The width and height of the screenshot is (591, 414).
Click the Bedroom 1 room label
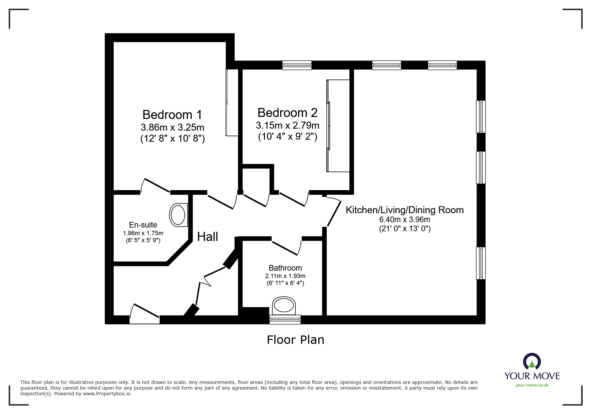tap(172, 115)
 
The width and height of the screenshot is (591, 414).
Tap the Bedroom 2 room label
tap(287, 113)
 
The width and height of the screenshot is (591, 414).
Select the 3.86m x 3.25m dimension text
tap(172, 127)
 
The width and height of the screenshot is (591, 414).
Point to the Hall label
tap(208, 237)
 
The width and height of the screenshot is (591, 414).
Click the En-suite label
tap(143, 225)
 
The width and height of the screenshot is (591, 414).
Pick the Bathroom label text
tap(285, 268)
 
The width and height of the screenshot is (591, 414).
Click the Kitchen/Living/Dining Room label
tap(404, 210)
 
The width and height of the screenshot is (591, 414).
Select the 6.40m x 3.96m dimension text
tap(404, 220)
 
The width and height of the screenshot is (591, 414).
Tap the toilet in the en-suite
tap(179, 215)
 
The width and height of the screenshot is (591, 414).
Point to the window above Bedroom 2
tap(297, 65)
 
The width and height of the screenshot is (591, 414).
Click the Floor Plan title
tap(295, 340)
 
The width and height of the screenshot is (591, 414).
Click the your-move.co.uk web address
tap(532, 385)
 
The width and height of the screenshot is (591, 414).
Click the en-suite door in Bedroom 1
tap(156, 186)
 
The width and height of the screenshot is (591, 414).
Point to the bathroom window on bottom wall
tap(285, 319)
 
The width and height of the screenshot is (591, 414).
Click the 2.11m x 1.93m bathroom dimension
tap(285, 276)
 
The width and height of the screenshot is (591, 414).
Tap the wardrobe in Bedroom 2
tap(338, 126)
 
